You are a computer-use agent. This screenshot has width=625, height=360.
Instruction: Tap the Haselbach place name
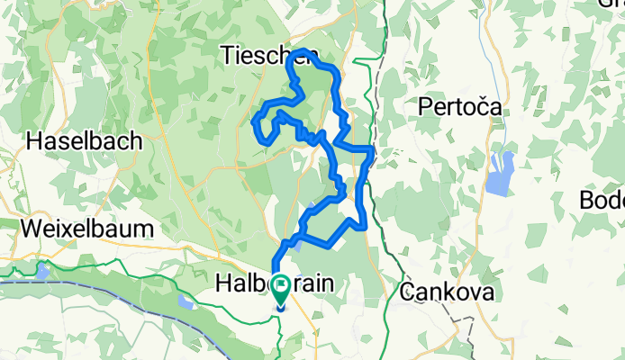point(85,141)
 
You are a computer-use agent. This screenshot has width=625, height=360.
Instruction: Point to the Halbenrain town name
point(275,284)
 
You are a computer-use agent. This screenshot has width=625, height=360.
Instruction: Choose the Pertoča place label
point(459,107)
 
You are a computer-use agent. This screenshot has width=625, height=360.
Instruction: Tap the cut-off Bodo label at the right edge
point(603,199)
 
